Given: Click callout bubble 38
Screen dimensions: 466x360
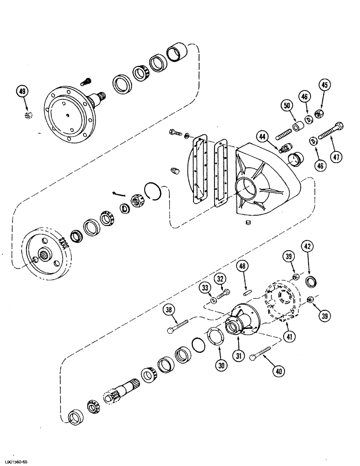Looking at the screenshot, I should pos(170,310).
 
